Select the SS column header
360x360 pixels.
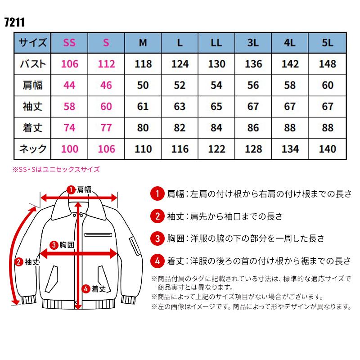point(69,43)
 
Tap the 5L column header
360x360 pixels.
point(327,43)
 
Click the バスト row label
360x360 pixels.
point(32,63)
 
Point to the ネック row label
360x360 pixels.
point(32,149)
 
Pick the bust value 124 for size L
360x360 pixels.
point(180,63)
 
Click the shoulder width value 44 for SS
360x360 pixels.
point(69,85)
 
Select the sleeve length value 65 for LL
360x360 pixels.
point(216,107)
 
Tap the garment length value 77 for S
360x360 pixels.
point(106,128)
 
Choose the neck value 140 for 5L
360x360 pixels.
point(327,149)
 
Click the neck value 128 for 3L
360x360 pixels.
point(253,149)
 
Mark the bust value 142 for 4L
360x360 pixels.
point(290,63)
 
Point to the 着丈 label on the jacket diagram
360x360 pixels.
point(94,288)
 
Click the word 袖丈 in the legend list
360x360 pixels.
point(175,216)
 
